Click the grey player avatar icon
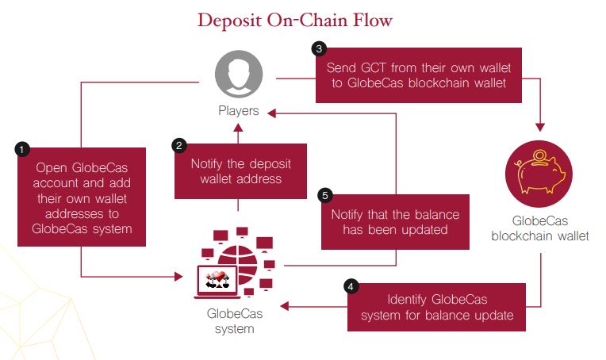(x=238, y=75)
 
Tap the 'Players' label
(x=238, y=111)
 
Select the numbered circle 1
(x=24, y=148)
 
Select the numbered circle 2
(x=180, y=145)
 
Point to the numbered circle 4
(x=351, y=285)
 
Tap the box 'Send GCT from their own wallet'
(x=418, y=74)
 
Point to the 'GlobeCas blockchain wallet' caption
(x=539, y=228)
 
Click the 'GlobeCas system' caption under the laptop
(x=233, y=320)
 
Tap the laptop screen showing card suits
(x=217, y=279)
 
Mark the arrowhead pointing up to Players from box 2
(x=239, y=127)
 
